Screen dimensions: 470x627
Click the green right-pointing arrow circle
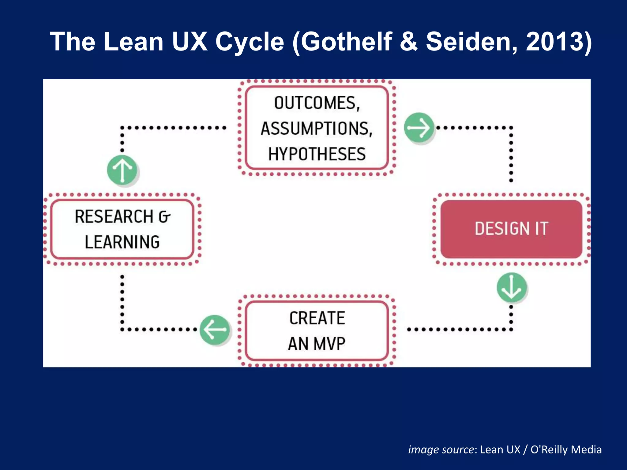419,128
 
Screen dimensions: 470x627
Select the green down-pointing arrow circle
511,288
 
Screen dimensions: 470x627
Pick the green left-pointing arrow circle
215,330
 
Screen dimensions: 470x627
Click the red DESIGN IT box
511,229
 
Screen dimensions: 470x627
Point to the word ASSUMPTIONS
316,129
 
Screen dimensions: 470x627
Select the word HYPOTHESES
317,154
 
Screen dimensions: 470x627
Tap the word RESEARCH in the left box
114,217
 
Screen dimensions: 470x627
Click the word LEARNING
122,242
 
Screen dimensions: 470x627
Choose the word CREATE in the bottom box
317,318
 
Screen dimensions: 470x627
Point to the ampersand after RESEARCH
164,217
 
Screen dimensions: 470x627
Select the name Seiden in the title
471,42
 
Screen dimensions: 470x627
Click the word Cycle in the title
250,42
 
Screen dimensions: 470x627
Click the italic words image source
441,449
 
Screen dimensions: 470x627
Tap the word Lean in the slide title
133,42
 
